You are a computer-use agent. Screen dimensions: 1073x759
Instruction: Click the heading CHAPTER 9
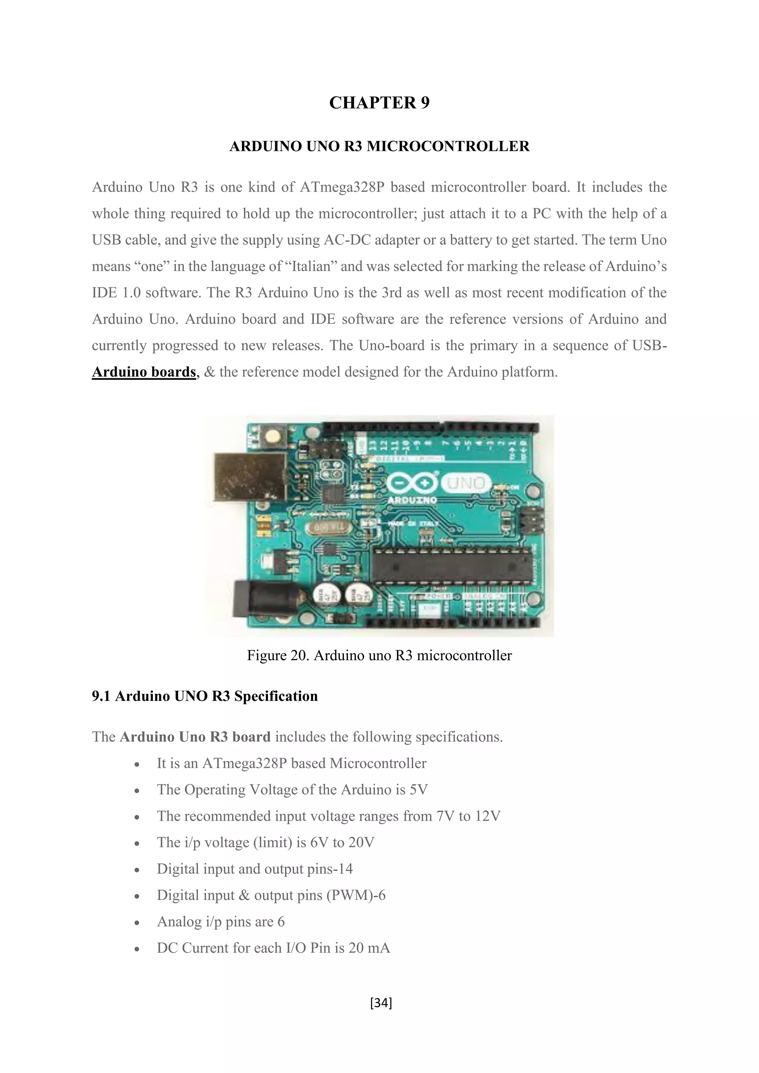click(379, 103)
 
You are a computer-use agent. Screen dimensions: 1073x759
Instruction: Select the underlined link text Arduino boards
click(143, 372)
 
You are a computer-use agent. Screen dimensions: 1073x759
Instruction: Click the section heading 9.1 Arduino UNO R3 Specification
click(205, 696)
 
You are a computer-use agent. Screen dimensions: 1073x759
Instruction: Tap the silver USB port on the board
click(250, 477)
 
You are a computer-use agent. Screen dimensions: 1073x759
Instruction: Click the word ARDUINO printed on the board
click(413, 500)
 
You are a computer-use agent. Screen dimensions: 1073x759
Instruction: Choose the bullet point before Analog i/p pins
click(136, 923)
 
